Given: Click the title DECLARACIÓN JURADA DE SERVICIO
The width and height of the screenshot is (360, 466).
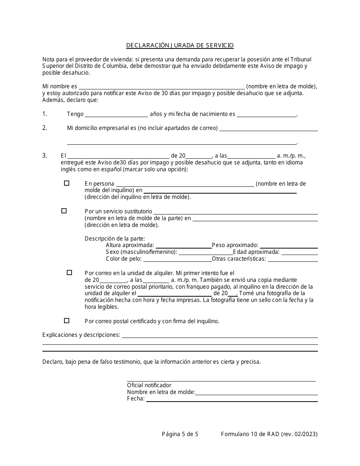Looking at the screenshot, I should pyautogui.click(x=180, y=45).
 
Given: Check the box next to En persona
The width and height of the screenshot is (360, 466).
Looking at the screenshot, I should pyautogui.click(x=67, y=183).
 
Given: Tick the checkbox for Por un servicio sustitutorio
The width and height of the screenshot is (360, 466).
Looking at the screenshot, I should pyautogui.click(x=64, y=211).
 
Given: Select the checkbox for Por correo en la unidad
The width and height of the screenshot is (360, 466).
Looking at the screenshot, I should pyautogui.click(x=69, y=272).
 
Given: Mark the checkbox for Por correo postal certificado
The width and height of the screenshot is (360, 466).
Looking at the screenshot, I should pyautogui.click(x=67, y=321).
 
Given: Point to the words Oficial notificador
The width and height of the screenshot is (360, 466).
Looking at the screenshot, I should pyautogui.click(x=149, y=385).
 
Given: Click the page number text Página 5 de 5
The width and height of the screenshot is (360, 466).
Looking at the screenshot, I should pyautogui.click(x=180, y=435).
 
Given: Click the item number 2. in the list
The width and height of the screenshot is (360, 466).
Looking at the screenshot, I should pyautogui.click(x=45, y=128).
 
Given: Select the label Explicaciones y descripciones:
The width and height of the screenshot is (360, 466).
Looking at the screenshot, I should pyautogui.click(x=81, y=335).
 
